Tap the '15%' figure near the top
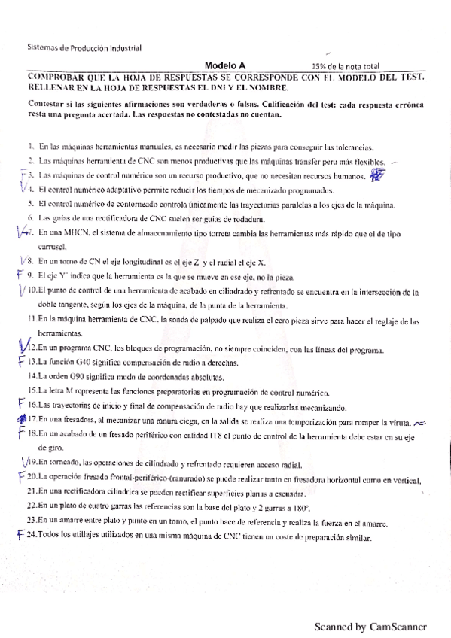click(320, 66)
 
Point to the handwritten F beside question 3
click(23, 175)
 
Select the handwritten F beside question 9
click(20, 275)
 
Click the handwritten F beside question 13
click(21, 361)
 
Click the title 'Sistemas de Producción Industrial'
click(84, 47)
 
